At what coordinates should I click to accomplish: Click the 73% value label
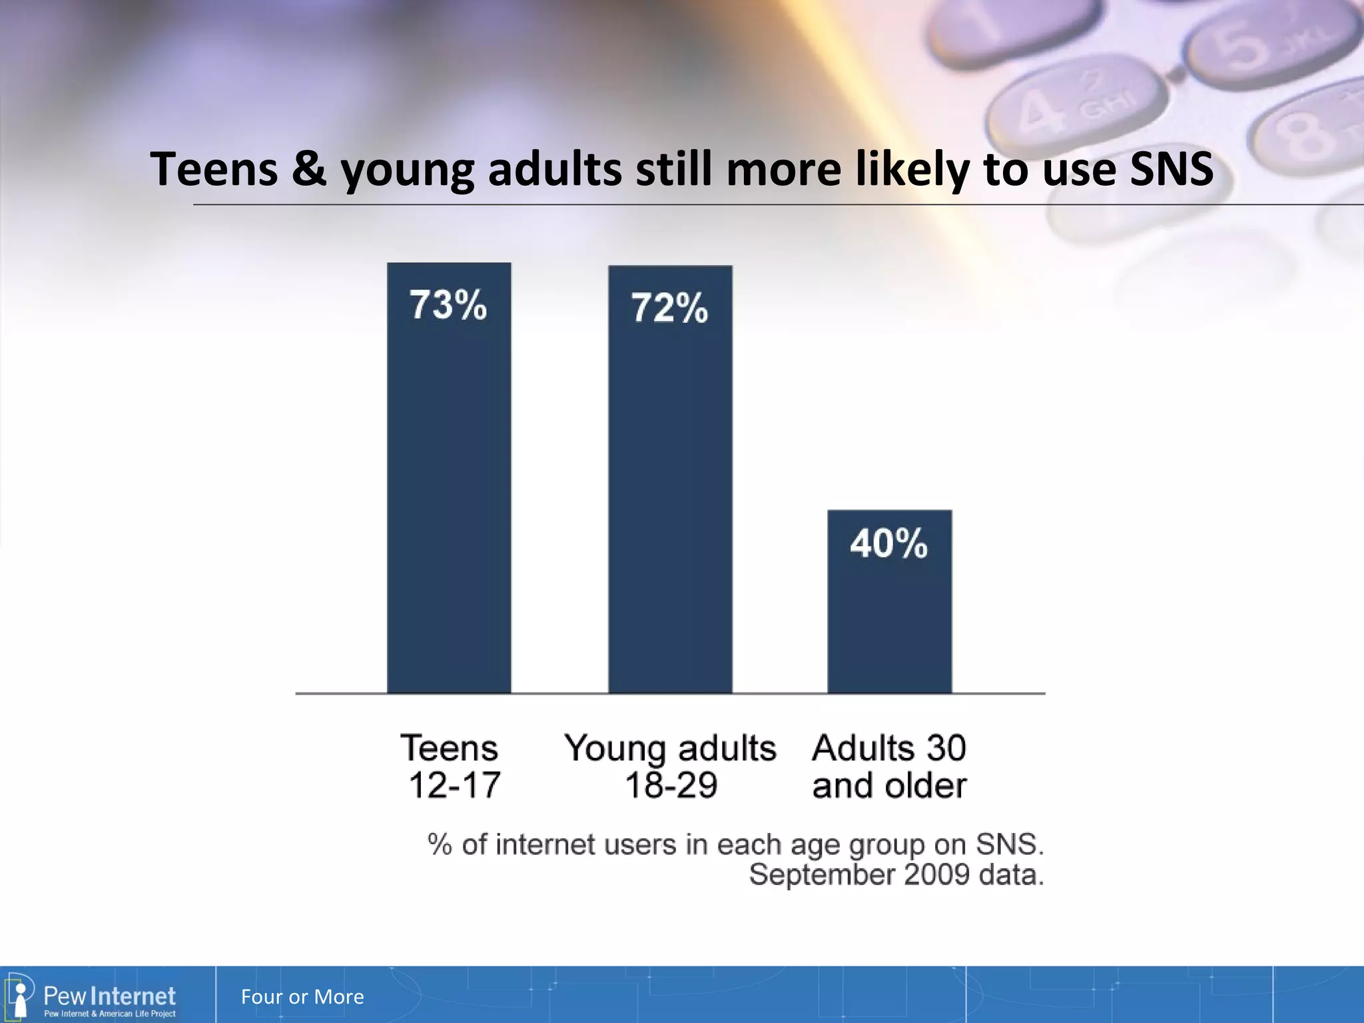[x=448, y=305]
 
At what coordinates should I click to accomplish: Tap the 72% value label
[x=669, y=308]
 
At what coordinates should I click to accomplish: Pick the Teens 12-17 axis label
[x=450, y=766]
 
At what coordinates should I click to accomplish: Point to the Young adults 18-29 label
[x=670, y=766]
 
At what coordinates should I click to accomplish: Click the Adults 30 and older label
[x=889, y=766]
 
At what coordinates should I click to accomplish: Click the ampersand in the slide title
[x=308, y=169]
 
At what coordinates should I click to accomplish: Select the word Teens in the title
[x=213, y=169]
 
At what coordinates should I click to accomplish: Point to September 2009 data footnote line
[x=896, y=874]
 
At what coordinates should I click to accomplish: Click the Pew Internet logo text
[x=109, y=996]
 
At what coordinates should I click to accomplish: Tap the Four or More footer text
[x=302, y=996]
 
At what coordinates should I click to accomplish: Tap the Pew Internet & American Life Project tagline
[x=109, y=1014]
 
